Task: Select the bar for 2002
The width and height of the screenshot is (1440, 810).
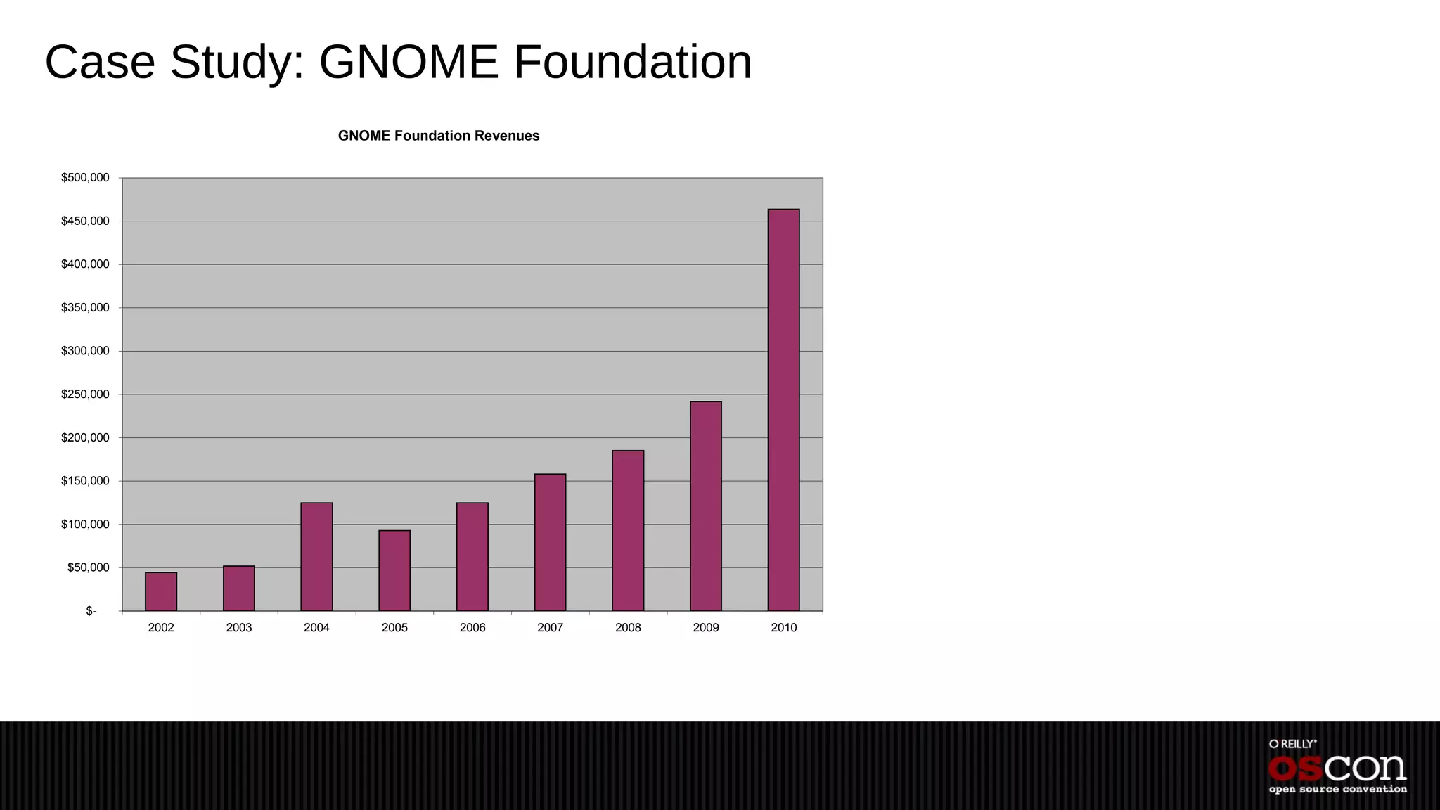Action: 161,591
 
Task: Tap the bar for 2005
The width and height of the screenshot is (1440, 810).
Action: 394,570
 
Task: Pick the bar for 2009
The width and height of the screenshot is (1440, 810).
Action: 705,506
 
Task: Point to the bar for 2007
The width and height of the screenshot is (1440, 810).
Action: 550,542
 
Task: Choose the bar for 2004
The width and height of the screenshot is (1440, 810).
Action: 316,556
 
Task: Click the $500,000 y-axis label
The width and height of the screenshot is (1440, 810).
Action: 85,178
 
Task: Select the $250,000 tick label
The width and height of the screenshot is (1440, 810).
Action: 85,394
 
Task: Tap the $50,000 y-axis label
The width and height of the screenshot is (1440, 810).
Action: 88,567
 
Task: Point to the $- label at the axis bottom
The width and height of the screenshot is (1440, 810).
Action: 91,611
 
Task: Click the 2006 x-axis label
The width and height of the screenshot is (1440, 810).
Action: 472,628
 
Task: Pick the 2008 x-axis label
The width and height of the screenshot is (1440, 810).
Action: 628,628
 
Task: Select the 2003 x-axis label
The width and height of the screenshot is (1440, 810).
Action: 239,628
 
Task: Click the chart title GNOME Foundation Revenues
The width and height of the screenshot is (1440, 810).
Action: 439,136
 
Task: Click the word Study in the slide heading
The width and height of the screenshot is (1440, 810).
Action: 237,62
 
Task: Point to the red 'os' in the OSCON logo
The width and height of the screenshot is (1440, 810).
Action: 1296,769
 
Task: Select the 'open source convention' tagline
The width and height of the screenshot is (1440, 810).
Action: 1337,790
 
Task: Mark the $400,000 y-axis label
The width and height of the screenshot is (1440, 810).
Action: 85,264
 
